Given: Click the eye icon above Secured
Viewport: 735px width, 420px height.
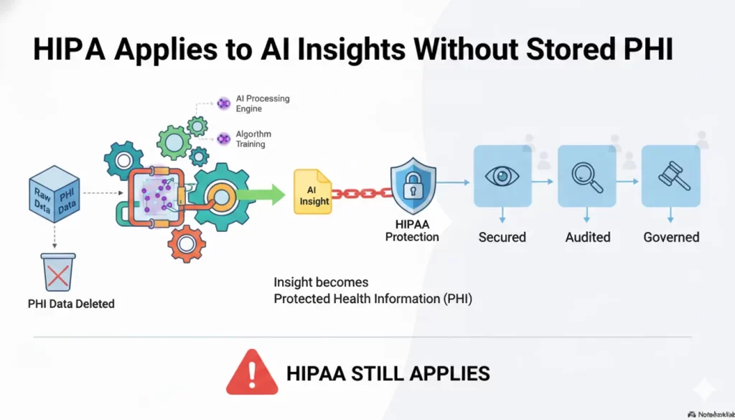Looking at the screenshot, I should [502, 175].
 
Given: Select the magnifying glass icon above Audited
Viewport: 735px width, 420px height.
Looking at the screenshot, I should [586, 175].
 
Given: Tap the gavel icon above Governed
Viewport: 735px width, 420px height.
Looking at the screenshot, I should [670, 175].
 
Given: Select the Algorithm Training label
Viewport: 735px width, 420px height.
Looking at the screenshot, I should [253, 139].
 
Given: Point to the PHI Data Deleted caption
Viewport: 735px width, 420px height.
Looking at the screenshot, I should [71, 304].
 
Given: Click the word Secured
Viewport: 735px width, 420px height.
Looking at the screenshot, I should [502, 237].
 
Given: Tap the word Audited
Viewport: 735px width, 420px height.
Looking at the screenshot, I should [587, 237].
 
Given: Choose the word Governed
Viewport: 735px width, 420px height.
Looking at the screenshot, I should [671, 237].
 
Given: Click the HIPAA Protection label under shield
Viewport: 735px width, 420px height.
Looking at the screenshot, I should [412, 231].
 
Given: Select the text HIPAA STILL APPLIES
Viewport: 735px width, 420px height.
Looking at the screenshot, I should [388, 373].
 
